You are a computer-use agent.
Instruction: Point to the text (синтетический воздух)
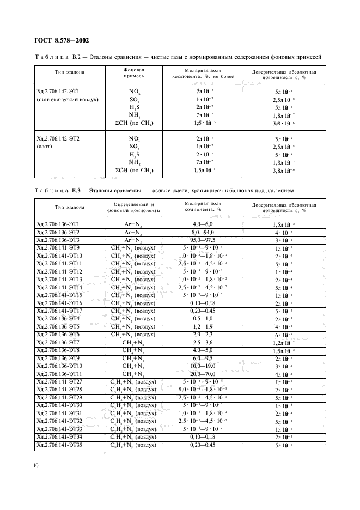pyautogui.click(x=67, y=100)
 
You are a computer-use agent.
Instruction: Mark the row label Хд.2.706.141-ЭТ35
pyautogui.click(x=59, y=446)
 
